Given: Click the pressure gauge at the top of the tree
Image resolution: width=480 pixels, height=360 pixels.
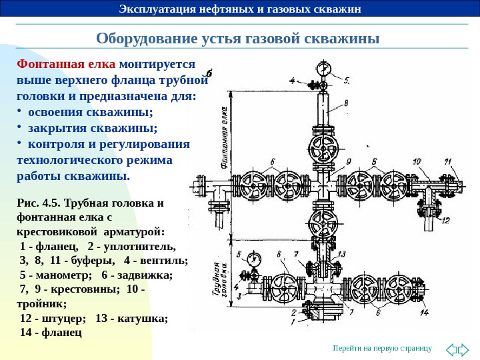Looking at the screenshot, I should (x=324, y=69).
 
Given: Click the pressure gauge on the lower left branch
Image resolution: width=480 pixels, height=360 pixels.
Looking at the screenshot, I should (x=252, y=260).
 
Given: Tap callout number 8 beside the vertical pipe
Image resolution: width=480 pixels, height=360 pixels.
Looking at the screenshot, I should (x=346, y=103).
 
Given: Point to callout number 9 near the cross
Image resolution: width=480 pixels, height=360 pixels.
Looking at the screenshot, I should (x=347, y=161).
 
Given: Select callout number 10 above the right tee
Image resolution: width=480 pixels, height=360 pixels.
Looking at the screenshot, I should (x=417, y=161).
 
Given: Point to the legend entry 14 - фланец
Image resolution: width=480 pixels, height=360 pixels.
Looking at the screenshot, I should (x=50, y=331).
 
